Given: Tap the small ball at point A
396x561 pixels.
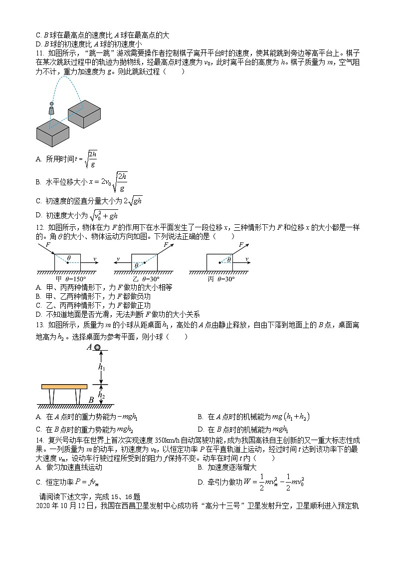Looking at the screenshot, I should click(98, 347).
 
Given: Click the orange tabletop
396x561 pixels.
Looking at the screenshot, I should click(64, 386).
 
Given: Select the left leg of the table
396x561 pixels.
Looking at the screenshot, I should click(52, 397).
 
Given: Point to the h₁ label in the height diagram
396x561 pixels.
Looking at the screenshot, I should click(101, 367).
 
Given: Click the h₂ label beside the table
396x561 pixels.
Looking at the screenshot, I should click(101, 395).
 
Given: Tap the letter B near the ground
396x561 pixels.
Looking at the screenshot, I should click(91, 400).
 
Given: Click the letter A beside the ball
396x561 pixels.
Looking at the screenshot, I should click(89, 347).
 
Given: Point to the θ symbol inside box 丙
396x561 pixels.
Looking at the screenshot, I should click(229, 260).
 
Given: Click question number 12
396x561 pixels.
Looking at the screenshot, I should click(40, 236).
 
